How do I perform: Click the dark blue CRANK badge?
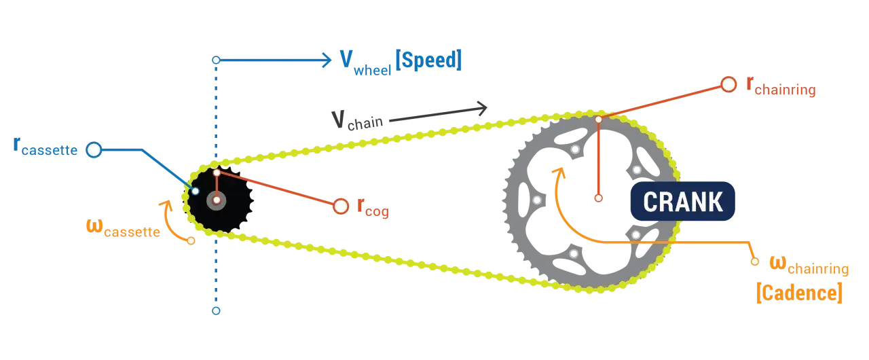(x=682, y=201)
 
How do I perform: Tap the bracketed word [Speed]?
(x=428, y=60)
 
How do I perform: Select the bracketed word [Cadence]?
(x=800, y=293)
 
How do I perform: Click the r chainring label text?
(x=781, y=86)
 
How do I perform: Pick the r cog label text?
(x=373, y=207)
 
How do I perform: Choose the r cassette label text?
(x=45, y=146)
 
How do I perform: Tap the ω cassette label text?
(x=123, y=228)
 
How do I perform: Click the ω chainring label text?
(x=809, y=265)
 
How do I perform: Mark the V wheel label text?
(x=365, y=63)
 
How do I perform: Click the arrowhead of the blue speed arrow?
(x=327, y=60)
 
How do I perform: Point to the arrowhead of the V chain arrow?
(x=482, y=108)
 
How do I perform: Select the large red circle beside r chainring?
(x=728, y=84)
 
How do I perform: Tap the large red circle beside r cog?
(x=341, y=206)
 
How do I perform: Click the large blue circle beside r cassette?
(x=94, y=149)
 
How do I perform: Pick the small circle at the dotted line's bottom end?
(x=216, y=310)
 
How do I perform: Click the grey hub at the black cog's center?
(x=217, y=200)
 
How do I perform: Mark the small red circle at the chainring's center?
(x=599, y=198)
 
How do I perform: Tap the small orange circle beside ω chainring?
(x=754, y=262)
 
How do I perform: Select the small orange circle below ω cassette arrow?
(x=191, y=241)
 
